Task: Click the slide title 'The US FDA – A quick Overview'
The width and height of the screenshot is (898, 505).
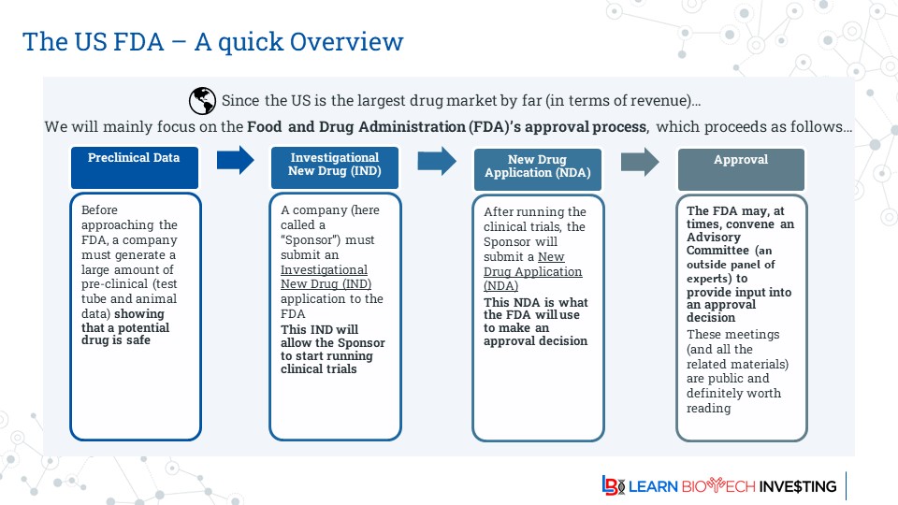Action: coord(213,42)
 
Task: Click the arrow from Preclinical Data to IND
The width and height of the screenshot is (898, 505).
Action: coord(235,160)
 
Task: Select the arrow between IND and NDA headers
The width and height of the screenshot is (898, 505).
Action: coord(436,162)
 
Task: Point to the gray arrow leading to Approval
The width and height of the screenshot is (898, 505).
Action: coord(639,163)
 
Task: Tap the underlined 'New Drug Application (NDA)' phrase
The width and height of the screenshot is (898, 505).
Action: coord(533,271)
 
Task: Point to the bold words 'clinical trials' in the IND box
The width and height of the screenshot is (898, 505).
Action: coord(319,368)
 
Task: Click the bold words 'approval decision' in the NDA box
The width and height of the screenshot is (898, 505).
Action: coord(535,341)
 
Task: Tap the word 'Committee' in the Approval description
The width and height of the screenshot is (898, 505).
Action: coord(718,251)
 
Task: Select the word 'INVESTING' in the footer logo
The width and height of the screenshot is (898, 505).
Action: coord(798,486)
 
